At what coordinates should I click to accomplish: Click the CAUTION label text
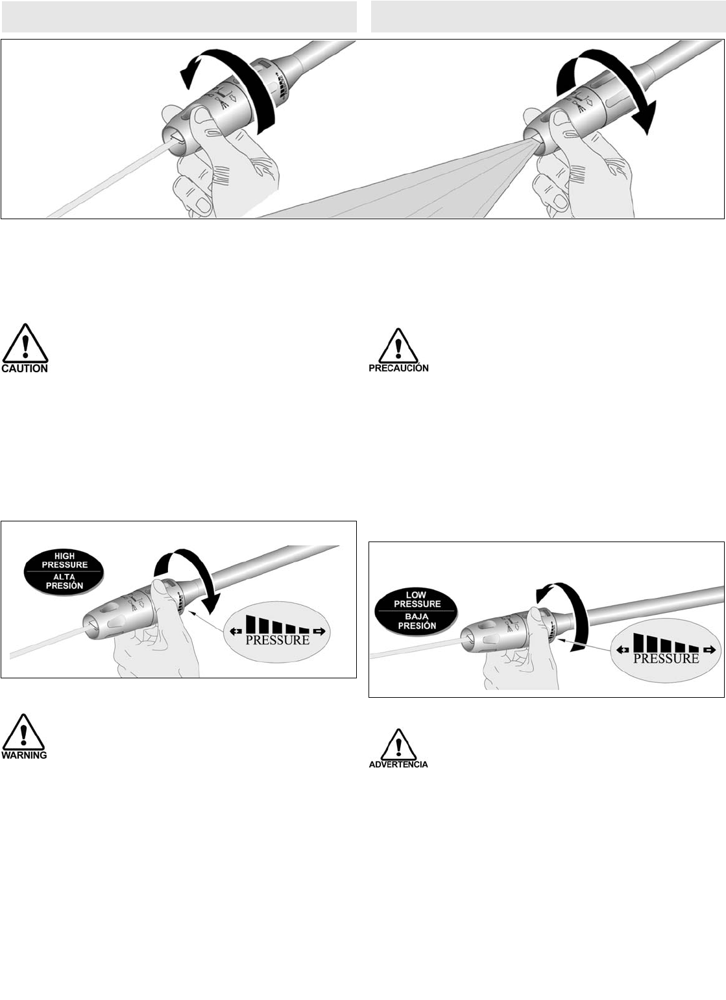(x=25, y=368)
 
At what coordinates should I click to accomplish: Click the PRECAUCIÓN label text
(x=399, y=368)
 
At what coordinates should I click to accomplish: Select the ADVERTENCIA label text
(x=398, y=764)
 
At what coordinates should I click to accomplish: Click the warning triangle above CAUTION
(x=25, y=343)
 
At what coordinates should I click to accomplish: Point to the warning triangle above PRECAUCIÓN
(x=398, y=346)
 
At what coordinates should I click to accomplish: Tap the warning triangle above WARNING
(x=24, y=732)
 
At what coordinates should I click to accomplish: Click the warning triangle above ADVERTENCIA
(x=398, y=744)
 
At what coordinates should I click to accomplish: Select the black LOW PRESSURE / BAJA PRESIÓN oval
(x=416, y=610)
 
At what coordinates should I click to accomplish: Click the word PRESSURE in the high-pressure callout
(x=277, y=639)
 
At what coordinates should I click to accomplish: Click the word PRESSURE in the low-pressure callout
(x=666, y=658)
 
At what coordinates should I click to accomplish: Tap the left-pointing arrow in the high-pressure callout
(x=236, y=631)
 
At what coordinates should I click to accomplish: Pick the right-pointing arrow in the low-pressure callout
(x=710, y=650)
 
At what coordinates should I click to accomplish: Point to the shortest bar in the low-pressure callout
(x=694, y=649)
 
